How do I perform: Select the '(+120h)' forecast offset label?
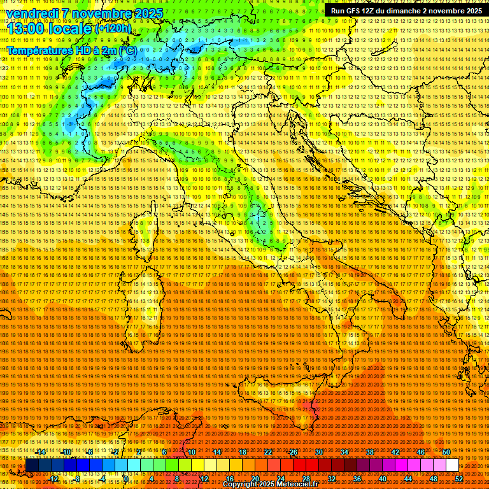[113, 29]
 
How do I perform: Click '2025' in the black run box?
[471, 11]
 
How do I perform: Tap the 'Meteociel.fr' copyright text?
[302, 485]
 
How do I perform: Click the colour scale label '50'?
[446, 452]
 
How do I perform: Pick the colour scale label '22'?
[268, 452]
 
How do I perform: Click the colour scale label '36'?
[357, 479]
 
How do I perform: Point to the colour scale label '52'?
[458, 479]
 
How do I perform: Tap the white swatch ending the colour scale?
[452, 465]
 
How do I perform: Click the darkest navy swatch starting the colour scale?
[32, 465]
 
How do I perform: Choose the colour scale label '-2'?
[116, 452]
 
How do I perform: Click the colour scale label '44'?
[408, 479]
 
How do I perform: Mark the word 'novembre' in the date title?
[99, 13]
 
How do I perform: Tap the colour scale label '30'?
[319, 452]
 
